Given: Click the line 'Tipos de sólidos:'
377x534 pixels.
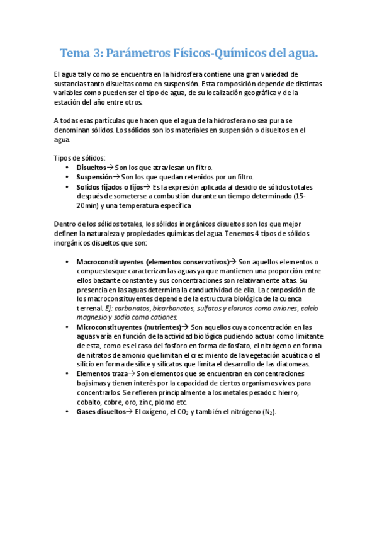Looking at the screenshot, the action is point(79,157).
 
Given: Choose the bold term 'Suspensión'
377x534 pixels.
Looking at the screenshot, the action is point(94,178).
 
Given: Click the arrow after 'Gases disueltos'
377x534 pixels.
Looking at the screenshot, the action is point(128,411).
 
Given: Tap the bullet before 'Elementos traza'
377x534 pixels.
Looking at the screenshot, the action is point(67,374).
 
